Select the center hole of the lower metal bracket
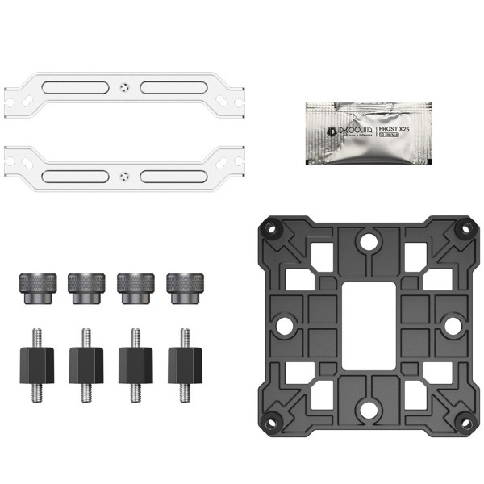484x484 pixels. point(123,174)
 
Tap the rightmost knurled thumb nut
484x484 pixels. point(183,287)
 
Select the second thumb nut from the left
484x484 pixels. point(84,287)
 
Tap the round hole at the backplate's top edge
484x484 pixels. point(369,240)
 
